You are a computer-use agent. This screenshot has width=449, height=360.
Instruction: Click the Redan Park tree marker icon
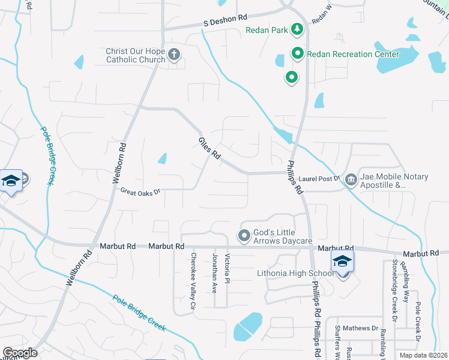tap(297, 29)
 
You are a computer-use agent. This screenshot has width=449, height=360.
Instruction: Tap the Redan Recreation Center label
tap(352, 54)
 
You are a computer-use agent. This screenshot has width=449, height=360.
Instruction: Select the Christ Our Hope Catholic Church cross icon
tap(174, 55)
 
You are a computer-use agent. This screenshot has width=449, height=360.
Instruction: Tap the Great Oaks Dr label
tap(141, 192)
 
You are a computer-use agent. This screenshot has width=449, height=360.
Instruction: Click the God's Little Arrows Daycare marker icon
tap(244, 235)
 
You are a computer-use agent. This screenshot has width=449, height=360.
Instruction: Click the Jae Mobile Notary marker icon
tap(351, 181)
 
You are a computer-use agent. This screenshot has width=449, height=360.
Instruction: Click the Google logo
tap(20, 352)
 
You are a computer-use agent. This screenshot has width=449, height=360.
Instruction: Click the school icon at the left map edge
tap(11, 181)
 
